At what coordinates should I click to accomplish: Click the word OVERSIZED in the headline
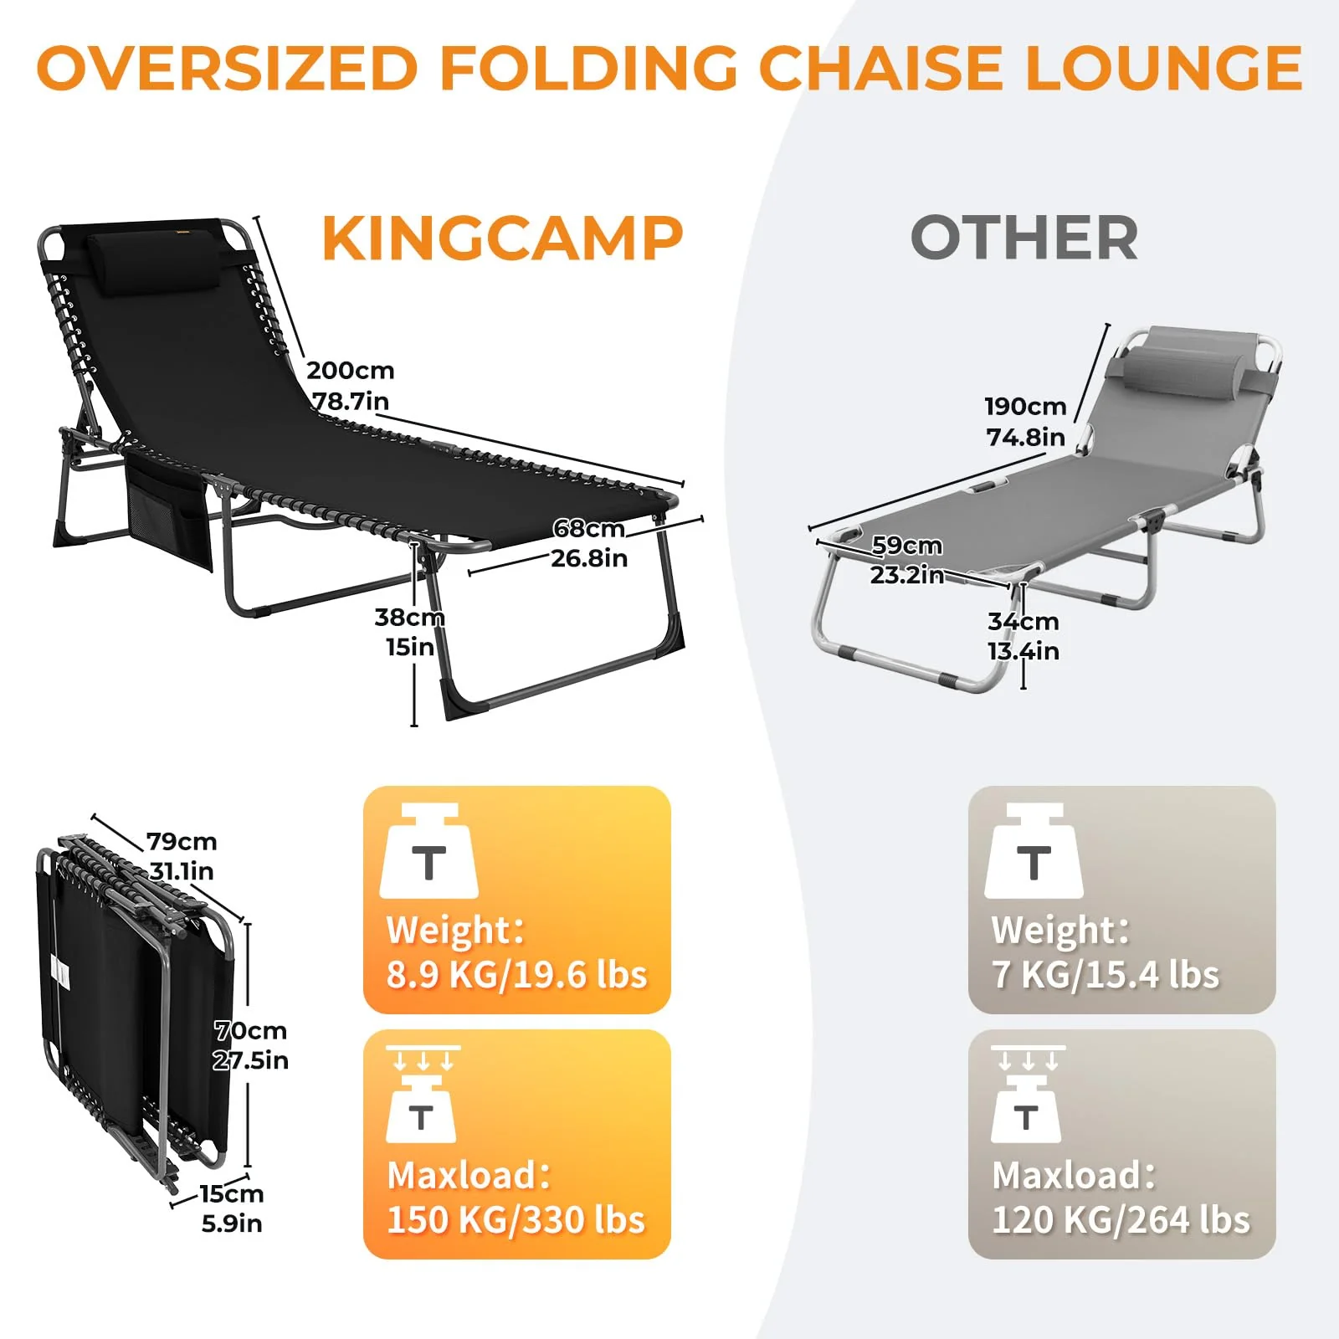[228, 69]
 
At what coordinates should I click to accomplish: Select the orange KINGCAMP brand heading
[502, 239]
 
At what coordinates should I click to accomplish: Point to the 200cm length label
[350, 371]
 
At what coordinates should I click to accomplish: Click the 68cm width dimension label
[588, 529]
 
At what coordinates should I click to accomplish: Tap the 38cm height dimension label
[408, 618]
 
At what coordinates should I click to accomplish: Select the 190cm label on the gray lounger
[1025, 407]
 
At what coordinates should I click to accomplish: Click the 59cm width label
[906, 546]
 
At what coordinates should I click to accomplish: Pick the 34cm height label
[1023, 622]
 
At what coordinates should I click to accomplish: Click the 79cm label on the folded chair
[182, 841]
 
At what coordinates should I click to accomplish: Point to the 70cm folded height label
[250, 1030]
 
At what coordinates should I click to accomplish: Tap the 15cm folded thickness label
[231, 1193]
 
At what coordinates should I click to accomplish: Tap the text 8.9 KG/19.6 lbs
[516, 975]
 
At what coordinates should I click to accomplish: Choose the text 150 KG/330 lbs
[516, 1220]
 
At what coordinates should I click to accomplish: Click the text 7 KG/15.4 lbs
[1105, 975]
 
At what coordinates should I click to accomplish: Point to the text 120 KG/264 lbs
[1121, 1220]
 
